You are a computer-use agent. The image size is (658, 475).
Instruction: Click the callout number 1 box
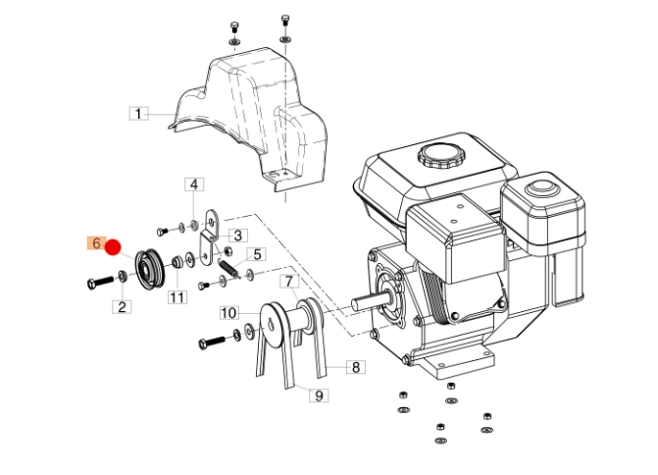[139, 114]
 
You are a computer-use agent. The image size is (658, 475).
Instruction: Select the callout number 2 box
[122, 307]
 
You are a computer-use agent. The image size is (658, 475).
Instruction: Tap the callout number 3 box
[237, 236]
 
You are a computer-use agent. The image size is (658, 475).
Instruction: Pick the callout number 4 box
[195, 185]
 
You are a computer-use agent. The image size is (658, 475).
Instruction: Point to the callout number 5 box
[256, 254]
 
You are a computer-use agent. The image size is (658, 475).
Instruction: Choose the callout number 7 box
[289, 282]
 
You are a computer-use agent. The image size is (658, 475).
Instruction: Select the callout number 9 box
[319, 396]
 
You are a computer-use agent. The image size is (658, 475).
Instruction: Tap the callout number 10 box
[228, 313]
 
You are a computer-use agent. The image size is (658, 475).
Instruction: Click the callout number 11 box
[177, 297]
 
